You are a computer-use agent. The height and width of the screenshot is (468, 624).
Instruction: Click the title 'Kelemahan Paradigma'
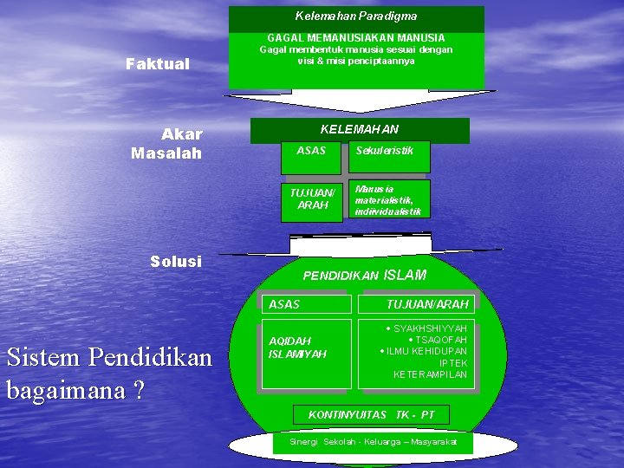(355, 16)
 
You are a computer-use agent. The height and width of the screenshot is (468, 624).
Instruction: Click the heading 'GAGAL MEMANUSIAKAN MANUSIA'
(355, 38)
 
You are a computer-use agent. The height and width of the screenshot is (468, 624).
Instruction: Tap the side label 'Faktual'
(158, 63)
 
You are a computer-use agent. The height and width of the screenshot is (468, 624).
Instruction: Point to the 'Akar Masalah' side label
(166, 144)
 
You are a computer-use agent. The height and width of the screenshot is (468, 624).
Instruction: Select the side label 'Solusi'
(175, 261)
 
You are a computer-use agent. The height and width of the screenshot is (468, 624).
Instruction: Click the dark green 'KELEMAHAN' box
(360, 130)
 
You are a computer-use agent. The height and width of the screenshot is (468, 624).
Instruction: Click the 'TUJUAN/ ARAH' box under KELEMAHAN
(312, 199)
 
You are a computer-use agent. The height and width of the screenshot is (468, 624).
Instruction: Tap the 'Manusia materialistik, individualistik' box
(387, 199)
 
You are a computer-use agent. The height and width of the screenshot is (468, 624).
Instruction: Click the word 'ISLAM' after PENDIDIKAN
(405, 275)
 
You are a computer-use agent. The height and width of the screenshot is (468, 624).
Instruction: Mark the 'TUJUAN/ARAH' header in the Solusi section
(427, 304)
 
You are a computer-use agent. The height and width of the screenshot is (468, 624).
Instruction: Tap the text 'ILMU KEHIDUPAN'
(426, 352)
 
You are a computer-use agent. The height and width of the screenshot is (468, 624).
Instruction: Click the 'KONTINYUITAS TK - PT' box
(371, 415)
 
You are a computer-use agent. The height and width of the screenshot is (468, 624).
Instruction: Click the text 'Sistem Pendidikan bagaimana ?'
(108, 373)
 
